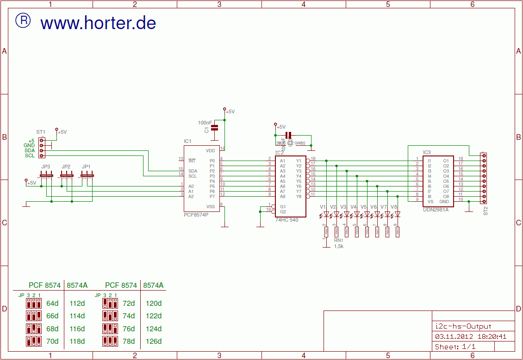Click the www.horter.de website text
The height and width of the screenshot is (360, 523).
tap(98, 23)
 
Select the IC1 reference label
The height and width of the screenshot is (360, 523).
tap(187, 141)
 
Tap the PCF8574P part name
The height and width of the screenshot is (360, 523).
tap(196, 215)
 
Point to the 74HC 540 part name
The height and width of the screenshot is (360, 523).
tap(286, 220)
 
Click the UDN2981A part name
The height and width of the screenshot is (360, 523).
tap(436, 210)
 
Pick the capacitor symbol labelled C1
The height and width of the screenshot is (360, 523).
tap(214, 127)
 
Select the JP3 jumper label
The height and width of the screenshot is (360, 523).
tap(45, 167)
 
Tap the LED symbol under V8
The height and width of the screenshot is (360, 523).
tap(397, 214)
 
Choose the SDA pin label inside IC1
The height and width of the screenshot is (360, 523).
tap(193, 171)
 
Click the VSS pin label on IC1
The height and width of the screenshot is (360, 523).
tap(211, 206)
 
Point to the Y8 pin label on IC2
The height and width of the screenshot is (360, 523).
tap(299, 196)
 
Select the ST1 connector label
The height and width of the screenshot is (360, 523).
tap(41, 132)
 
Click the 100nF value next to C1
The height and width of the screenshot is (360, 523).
tap(205, 123)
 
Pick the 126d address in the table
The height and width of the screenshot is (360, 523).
tap(154, 341)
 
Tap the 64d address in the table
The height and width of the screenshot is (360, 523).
tap(53, 304)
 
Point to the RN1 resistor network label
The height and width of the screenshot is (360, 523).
tap(339, 241)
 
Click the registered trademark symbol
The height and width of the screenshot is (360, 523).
tap(23, 20)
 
